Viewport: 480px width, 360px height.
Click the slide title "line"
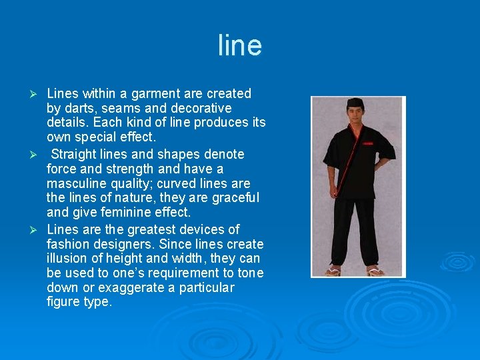tap(240, 45)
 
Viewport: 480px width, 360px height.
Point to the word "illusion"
tap(67, 259)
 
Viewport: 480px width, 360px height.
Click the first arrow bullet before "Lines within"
tap(38, 94)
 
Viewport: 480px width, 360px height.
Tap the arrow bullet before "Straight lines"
tap(38, 155)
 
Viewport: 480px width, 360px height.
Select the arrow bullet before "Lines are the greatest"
tap(38, 230)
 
